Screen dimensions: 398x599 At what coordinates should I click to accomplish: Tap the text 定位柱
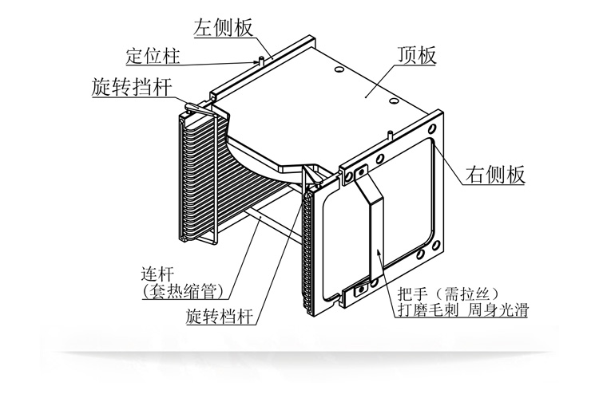point(153,57)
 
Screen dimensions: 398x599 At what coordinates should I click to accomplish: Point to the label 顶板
point(415,56)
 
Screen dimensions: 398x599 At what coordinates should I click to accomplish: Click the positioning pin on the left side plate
point(262,58)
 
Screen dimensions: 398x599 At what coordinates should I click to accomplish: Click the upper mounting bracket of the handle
point(359,172)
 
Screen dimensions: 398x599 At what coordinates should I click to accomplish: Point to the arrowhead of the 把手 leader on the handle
point(379,257)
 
